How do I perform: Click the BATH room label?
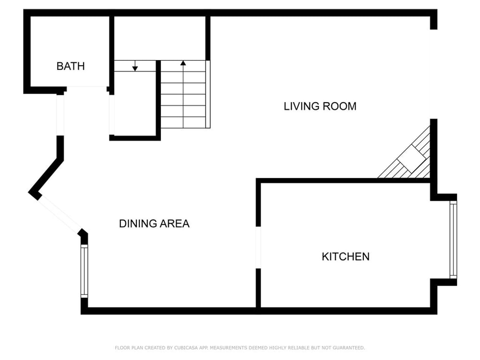71,66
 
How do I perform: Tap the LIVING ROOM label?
320,106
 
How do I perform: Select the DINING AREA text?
154,224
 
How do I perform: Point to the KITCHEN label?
346,256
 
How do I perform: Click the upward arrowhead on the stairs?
183,63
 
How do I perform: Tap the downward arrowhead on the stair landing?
135,69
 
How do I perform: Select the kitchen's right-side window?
453,240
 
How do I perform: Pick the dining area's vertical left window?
84,271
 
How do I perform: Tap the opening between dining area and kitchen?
258,248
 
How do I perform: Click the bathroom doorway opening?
87,89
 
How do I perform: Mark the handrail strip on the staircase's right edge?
208,94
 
